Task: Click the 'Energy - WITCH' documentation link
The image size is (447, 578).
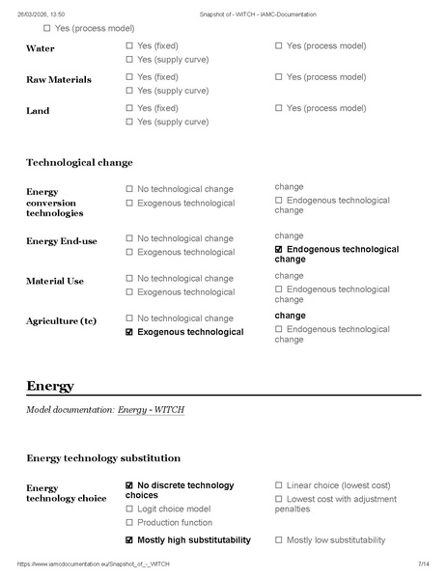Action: pyautogui.click(x=151, y=410)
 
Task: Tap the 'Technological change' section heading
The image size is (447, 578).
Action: pyautogui.click(x=79, y=162)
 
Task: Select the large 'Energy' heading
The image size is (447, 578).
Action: pyautogui.click(x=50, y=386)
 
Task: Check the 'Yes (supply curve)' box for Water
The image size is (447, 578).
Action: pyautogui.click(x=129, y=60)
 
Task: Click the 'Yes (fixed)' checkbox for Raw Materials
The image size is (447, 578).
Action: pyautogui.click(x=129, y=77)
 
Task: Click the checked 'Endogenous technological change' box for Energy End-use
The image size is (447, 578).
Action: pyautogui.click(x=279, y=249)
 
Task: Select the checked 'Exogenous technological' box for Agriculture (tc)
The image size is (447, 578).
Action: pyautogui.click(x=129, y=332)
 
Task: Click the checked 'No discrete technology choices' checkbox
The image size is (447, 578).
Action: pyautogui.click(x=129, y=485)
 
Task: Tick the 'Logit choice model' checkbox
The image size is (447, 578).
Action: pyautogui.click(x=129, y=509)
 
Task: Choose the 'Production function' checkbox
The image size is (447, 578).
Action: pyautogui.click(x=129, y=522)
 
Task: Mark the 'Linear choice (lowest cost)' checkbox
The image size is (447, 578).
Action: pyautogui.click(x=279, y=485)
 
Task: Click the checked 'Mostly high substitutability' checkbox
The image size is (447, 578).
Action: pyautogui.click(x=129, y=540)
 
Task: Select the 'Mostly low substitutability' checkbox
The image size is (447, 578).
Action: pyautogui.click(x=279, y=540)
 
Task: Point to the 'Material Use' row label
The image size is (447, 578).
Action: pyautogui.click(x=55, y=281)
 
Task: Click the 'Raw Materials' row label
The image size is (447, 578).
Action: pyautogui.click(x=59, y=79)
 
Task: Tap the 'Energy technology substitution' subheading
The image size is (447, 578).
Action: pyautogui.click(x=102, y=457)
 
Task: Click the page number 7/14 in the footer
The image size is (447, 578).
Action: pyautogui.click(x=423, y=564)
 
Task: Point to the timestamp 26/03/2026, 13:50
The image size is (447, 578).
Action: pyautogui.click(x=41, y=14)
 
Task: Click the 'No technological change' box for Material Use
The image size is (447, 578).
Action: pyautogui.click(x=129, y=279)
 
